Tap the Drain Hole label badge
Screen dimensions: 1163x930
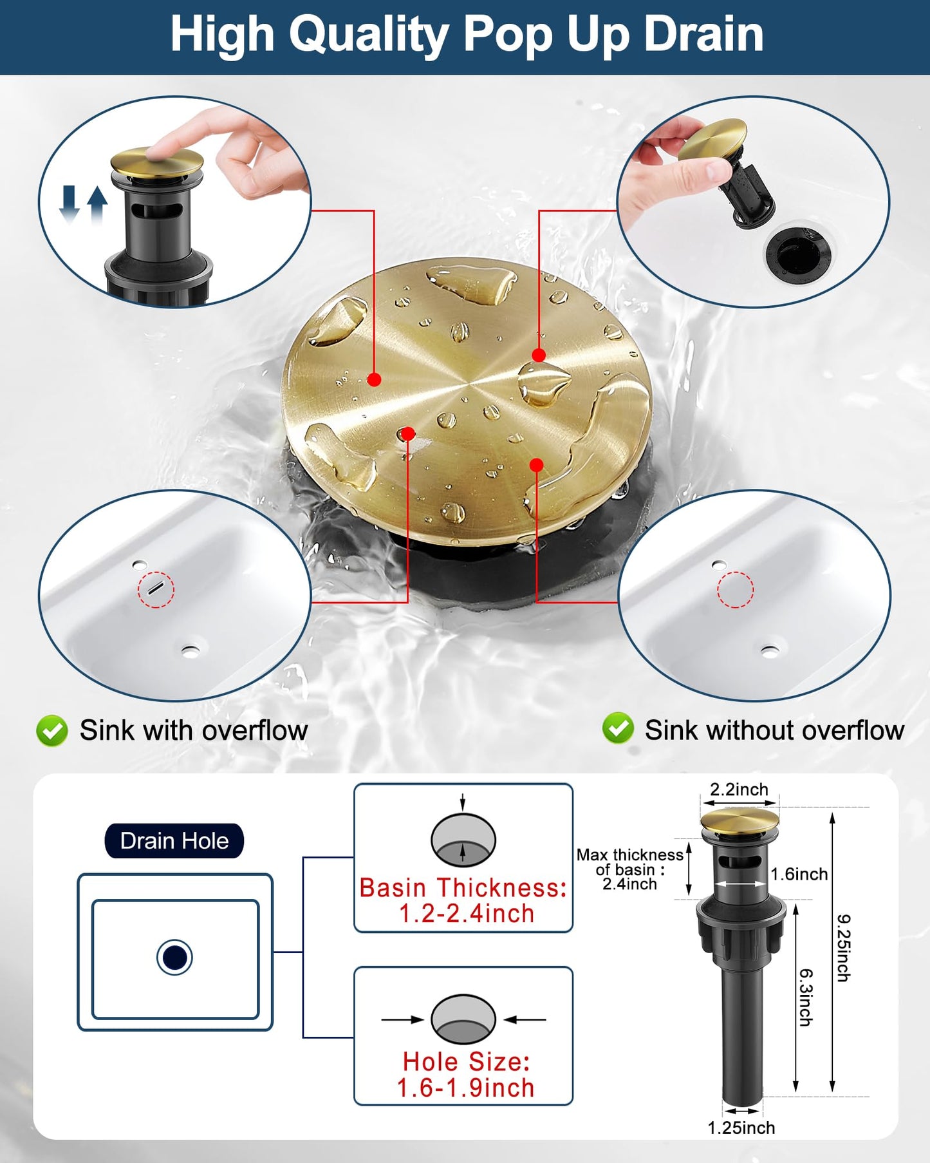click(x=174, y=841)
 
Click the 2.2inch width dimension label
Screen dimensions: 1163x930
click(x=739, y=790)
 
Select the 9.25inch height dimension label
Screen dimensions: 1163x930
click(x=843, y=948)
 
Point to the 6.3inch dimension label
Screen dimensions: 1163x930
click(x=806, y=997)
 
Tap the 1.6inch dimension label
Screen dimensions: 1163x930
click(x=799, y=874)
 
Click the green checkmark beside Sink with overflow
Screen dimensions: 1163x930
click(x=52, y=731)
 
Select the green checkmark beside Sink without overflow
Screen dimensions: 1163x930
click(x=618, y=728)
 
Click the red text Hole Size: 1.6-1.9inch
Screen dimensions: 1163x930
click(x=465, y=1075)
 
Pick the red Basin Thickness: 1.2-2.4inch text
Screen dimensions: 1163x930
click(x=463, y=900)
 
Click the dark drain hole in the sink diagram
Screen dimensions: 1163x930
click(x=174, y=957)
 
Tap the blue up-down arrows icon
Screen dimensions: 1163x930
click(x=83, y=204)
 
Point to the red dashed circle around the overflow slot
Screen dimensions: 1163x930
click(x=156, y=589)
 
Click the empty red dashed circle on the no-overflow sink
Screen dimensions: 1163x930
click(x=735, y=589)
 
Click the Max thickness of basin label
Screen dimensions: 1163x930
click(x=629, y=869)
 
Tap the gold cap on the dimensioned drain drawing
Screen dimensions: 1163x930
click(x=739, y=820)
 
